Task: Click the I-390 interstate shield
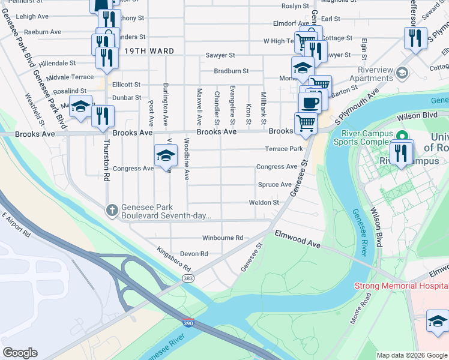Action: (x=188, y=322)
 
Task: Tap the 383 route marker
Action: (x=188, y=278)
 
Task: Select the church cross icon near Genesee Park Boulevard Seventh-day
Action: (x=112, y=210)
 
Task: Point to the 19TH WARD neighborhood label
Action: (x=150, y=52)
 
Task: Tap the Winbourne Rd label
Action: (x=222, y=238)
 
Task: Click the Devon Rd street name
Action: (x=193, y=254)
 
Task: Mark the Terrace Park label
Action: (x=284, y=149)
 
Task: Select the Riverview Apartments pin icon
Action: (x=402, y=73)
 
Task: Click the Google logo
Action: (x=20, y=352)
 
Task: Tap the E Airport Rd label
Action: (x=16, y=224)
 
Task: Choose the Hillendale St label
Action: (x=57, y=62)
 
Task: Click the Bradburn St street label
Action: (x=231, y=71)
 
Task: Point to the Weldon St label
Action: (x=264, y=203)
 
